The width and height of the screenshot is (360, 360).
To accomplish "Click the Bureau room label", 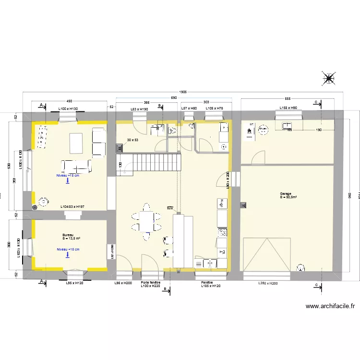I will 68,235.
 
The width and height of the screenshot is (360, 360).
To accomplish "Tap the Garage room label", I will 286,193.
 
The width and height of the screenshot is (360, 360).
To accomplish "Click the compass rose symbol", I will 329,78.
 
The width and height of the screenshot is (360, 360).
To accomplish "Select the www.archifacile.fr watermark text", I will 330,306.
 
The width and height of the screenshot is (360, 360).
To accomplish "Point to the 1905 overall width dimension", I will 183,92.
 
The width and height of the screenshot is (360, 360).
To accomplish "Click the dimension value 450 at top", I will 69,101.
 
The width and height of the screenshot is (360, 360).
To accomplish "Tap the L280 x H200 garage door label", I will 267,283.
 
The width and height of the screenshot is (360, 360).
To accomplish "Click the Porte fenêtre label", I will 150,283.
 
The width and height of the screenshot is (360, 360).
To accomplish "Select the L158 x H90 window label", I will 288,108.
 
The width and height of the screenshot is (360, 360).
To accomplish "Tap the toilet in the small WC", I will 172,130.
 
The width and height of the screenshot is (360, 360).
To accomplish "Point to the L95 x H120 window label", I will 75,283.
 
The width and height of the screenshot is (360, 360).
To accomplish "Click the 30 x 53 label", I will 132,140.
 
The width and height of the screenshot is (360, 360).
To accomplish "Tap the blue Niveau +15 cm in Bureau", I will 68,250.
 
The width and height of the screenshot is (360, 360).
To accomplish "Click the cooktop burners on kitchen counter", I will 222,233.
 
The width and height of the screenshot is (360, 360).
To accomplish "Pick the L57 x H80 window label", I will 189,108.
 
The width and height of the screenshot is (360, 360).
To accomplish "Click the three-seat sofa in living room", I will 76,166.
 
